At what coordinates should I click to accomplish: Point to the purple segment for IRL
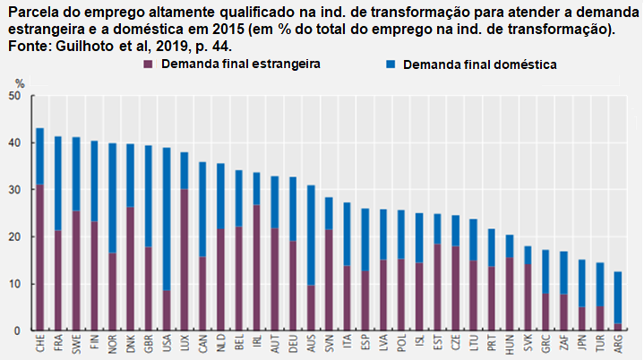click(x=256, y=268)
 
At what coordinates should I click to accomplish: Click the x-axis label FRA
click(x=58, y=346)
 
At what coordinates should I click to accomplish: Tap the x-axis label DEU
click(x=293, y=346)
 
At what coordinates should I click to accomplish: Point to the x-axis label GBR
click(x=149, y=346)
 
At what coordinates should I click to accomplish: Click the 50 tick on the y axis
click(x=13, y=96)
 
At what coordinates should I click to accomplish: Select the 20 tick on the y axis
click(x=13, y=237)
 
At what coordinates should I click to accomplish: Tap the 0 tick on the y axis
click(x=16, y=331)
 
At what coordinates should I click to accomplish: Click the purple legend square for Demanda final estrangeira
click(x=148, y=65)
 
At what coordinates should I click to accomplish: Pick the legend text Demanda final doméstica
click(x=480, y=65)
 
